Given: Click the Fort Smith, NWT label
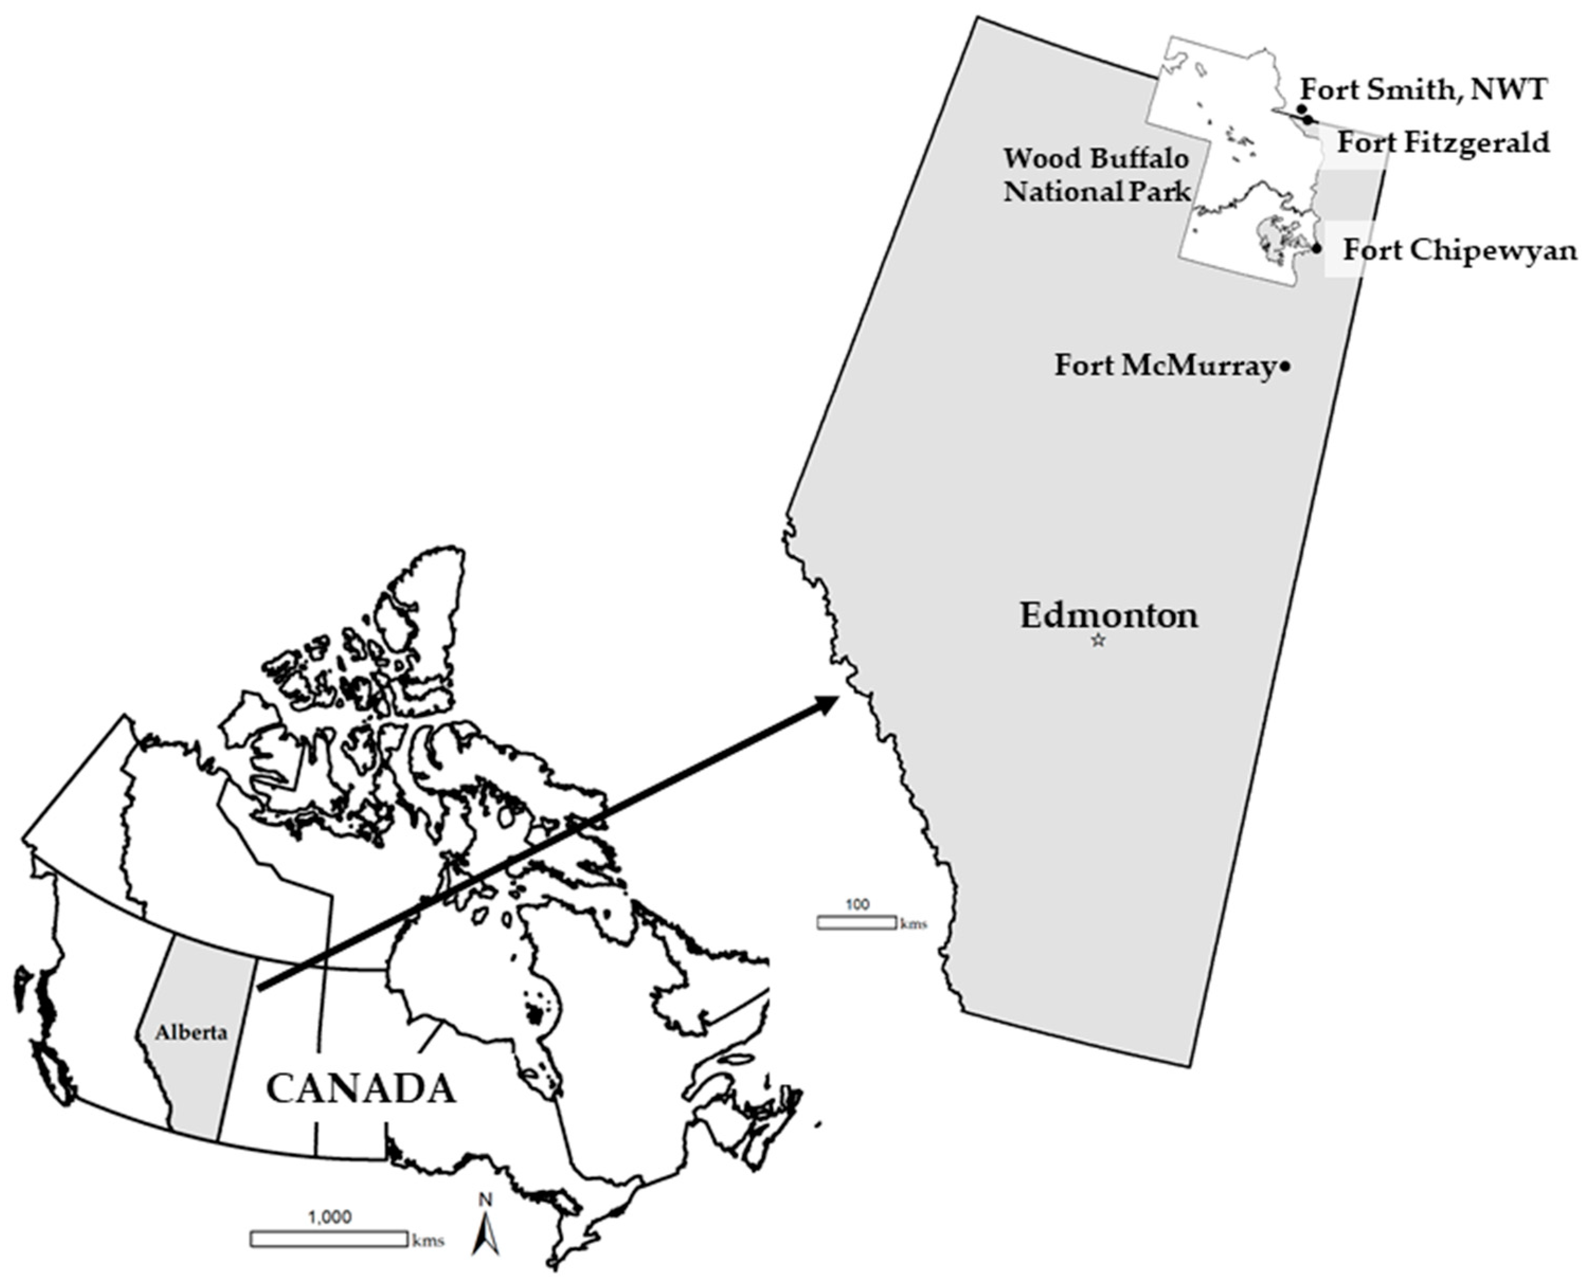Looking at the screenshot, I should [1422, 89].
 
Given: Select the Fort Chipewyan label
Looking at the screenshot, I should [1459, 251].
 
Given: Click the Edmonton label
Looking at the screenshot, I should [1109, 616].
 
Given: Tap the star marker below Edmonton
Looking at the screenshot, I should [1098, 641].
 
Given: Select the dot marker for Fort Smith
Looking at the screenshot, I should [1302, 108].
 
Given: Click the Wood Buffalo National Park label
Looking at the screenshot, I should [1096, 176].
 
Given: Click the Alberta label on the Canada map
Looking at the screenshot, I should [191, 1032].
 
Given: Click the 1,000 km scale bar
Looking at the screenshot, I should [328, 1239].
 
